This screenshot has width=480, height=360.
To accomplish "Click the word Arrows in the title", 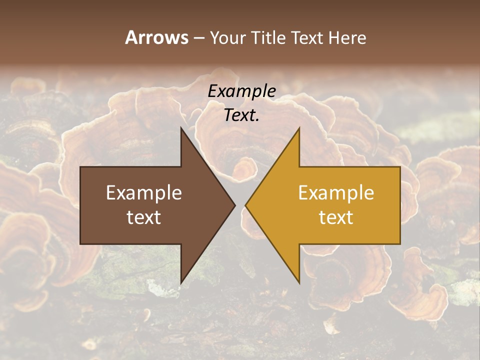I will [x=156, y=37].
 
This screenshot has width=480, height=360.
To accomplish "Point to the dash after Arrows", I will [x=198, y=38].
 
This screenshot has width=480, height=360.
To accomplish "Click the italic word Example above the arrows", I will [x=242, y=91].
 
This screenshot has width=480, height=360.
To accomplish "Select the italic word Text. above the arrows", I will [x=242, y=115].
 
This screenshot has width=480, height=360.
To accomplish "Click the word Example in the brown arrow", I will [x=144, y=193].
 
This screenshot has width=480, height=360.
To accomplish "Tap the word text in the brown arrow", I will [x=144, y=217].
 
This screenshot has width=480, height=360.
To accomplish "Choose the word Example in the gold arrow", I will [x=336, y=193].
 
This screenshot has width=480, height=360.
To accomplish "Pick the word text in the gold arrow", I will [x=336, y=217].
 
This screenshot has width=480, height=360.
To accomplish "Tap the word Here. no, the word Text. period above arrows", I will [x=242, y=115].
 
